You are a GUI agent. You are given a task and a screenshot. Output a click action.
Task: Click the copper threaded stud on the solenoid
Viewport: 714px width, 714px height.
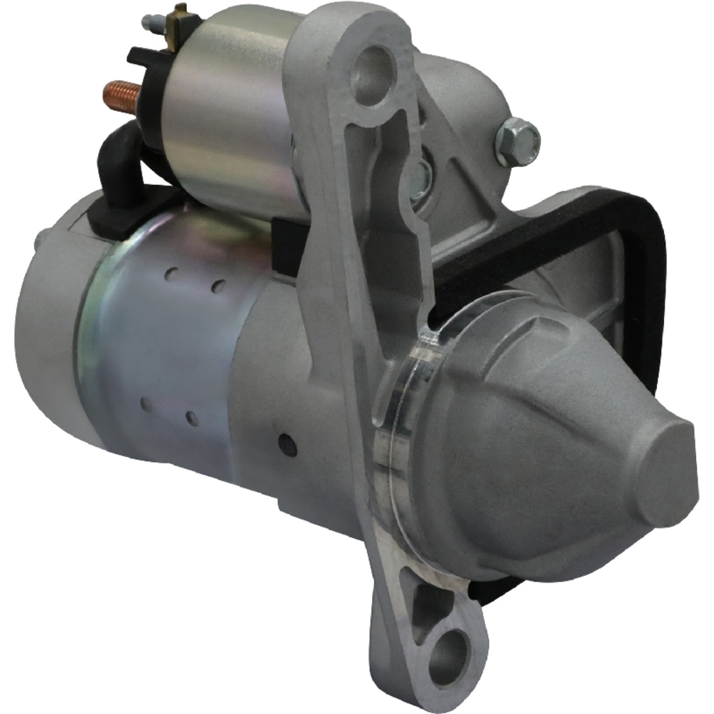(121, 94)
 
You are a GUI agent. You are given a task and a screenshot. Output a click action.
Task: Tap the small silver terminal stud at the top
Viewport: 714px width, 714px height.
(151, 21)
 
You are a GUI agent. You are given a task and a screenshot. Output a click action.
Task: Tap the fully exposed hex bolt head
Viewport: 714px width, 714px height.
(516, 134)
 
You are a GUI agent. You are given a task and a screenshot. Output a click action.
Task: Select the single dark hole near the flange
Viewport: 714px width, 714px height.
(288, 444)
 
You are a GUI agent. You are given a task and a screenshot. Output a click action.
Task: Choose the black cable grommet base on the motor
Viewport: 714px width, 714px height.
(114, 214)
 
